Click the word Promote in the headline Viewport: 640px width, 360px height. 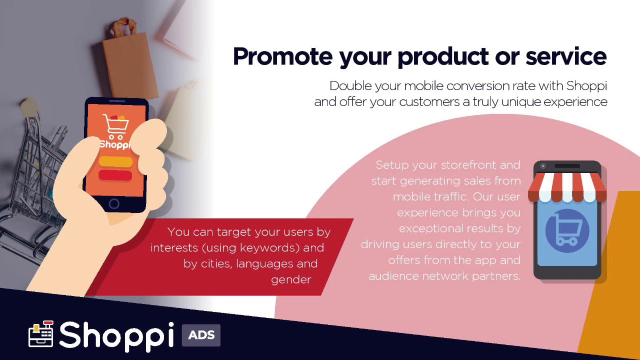pos(283,56)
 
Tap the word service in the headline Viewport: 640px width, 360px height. pos(566,56)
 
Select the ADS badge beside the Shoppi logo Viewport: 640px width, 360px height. pos(201,335)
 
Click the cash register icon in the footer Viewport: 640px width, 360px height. pos(41,333)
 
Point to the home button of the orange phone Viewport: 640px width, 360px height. pos(114,203)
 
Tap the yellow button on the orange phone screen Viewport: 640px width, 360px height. pos(115,161)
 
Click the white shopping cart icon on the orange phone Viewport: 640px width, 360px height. pos(115,127)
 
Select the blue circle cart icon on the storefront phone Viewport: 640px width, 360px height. pos(567,231)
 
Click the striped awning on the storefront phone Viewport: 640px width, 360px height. pos(567,187)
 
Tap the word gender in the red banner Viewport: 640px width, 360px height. pos(291,279)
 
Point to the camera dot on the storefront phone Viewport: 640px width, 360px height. pos(543,166)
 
